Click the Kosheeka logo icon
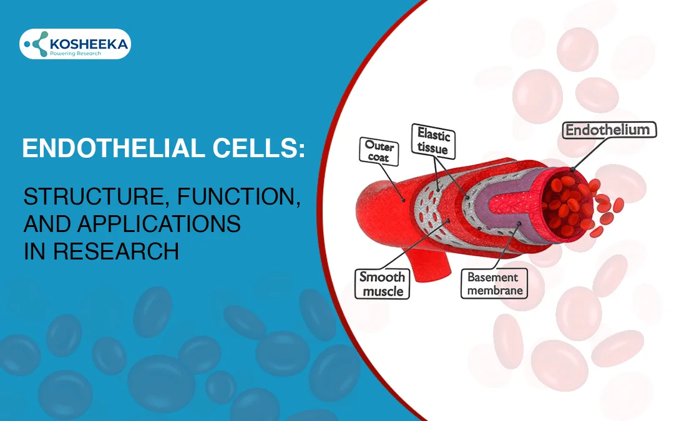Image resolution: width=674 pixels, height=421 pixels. click(36, 44)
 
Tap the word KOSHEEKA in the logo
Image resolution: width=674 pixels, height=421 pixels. click(89, 44)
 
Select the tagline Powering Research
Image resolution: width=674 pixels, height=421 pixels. click(76, 53)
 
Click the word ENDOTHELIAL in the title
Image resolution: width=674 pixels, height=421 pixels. click(114, 148)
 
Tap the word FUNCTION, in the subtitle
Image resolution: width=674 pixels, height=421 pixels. click(238, 196)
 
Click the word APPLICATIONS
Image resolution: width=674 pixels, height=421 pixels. click(159, 224)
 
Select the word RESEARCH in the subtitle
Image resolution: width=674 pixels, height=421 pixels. click(115, 251)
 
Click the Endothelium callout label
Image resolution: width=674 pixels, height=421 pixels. click(610, 130)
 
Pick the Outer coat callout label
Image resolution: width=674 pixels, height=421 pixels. click(379, 151)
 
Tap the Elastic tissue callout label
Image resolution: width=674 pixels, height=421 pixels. click(433, 142)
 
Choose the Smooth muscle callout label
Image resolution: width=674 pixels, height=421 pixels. click(382, 284)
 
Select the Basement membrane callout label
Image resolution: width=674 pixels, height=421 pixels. click(494, 284)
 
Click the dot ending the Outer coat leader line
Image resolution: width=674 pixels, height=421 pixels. click(403, 200)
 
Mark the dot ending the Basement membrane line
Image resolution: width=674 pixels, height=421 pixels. click(519, 224)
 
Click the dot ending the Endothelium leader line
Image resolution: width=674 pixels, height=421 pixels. click(573, 170)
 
